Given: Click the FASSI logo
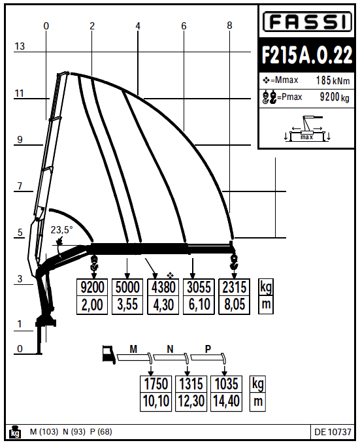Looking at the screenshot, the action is [x=307, y=22].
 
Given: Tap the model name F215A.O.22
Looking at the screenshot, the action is [x=306, y=55].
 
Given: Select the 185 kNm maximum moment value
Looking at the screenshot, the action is [x=333, y=80].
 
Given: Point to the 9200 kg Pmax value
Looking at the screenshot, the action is [x=335, y=97].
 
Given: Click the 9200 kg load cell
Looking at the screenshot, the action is [x=92, y=288].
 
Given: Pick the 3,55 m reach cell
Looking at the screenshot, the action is [x=127, y=305].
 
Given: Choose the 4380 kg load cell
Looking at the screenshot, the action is [x=163, y=288].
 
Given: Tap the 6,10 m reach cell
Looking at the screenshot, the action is [x=199, y=305].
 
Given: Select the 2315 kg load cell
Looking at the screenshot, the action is [x=235, y=288].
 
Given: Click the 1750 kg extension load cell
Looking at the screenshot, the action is [x=155, y=384].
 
